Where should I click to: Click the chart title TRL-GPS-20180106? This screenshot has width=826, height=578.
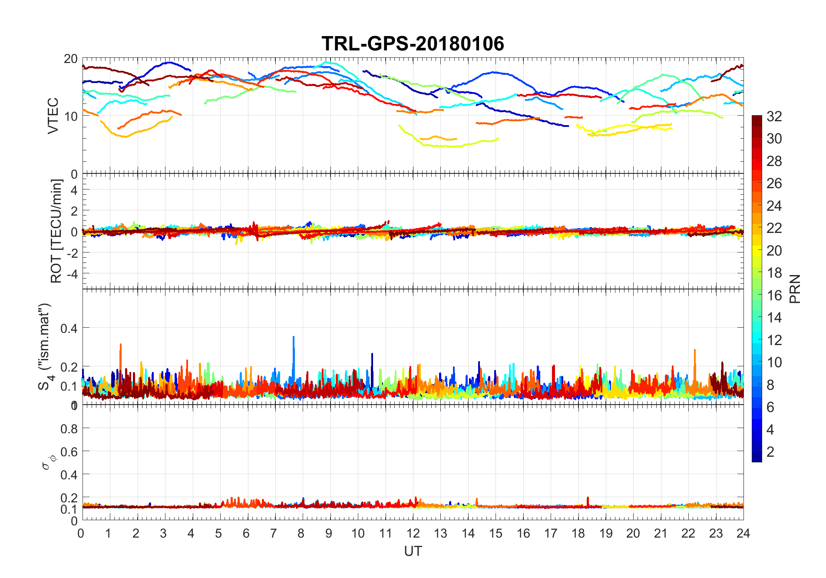tap(413, 43)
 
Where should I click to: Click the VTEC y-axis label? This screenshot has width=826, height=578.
tap(53, 116)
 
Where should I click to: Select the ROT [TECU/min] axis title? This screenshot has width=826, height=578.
tap(56, 231)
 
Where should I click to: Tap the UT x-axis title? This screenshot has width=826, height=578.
tap(413, 551)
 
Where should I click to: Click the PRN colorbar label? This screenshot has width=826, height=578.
tap(795, 289)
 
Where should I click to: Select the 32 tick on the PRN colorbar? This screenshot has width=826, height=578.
tap(774, 116)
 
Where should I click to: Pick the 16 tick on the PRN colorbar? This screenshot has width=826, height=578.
tap(774, 296)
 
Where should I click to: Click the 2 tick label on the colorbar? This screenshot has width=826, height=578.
tap(770, 452)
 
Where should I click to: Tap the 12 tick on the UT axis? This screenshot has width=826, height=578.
tap(413, 533)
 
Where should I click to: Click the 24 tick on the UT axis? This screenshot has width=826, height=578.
tap(743, 533)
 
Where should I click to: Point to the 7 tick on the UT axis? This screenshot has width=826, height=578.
tap(274, 533)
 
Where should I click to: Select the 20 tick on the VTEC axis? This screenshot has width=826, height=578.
tap(71, 59)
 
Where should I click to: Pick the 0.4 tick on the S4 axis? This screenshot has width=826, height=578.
tap(69, 328)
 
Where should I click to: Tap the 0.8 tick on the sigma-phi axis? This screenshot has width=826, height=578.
tap(69, 429)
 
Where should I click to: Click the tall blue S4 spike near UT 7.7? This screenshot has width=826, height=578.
tap(294, 337)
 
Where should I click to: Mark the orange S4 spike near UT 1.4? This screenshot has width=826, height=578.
tap(121, 345)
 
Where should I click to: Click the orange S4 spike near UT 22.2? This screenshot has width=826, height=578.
tap(695, 350)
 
